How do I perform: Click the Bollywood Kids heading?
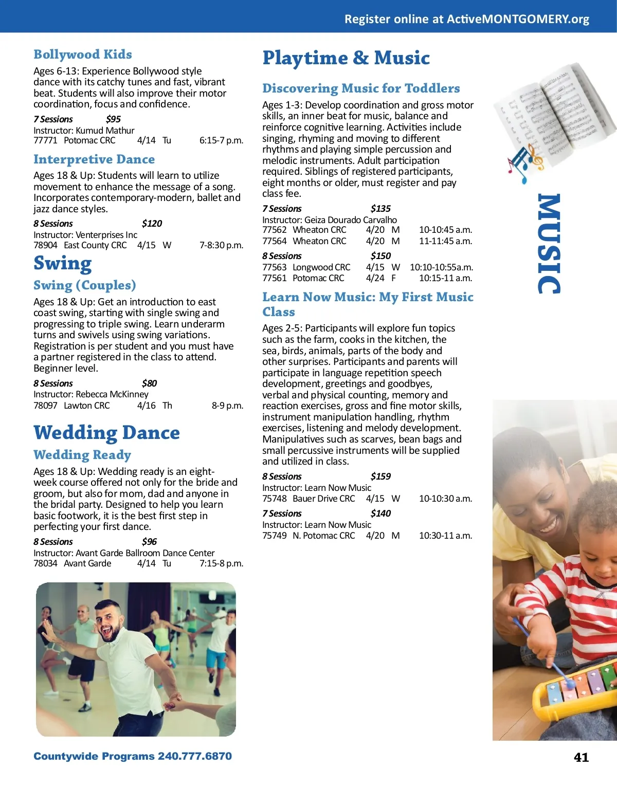83,54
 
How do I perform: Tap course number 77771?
45,140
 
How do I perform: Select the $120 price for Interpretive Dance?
152,224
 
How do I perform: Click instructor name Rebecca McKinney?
112,394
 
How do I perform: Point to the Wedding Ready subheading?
82,455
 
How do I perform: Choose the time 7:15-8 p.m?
221,563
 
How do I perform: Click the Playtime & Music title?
346,58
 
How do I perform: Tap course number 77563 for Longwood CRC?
274,267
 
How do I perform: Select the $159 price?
380,476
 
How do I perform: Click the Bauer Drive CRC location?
323,499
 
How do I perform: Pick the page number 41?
581,757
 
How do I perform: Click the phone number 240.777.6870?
194,756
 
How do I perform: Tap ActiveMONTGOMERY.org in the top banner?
518,19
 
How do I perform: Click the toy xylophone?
576,689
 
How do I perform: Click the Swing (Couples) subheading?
85,285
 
